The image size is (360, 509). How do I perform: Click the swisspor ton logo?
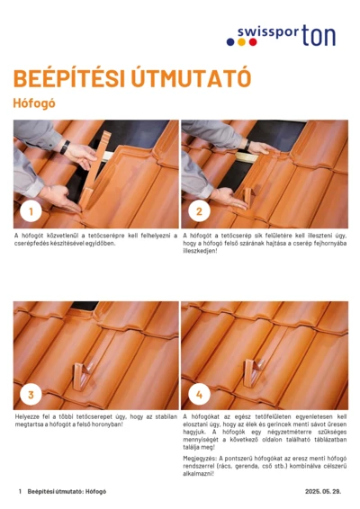click(286, 35)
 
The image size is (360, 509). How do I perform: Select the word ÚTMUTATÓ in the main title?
click(190, 78)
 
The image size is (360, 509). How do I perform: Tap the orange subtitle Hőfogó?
click(34, 103)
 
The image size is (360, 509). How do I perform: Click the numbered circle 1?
click(32, 212)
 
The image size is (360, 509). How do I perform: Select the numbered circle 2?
click(200, 212)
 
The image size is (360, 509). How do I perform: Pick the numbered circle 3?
click(32, 394)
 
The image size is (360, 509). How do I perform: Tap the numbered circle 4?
click(200, 394)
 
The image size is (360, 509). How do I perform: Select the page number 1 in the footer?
click(20, 492)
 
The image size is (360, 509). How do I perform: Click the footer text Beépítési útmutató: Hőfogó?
click(67, 492)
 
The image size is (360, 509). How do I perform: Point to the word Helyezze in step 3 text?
click(28, 417)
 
